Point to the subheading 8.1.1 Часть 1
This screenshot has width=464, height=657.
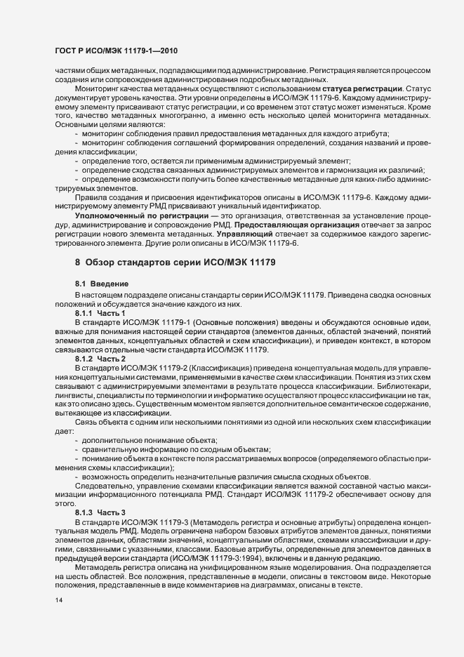pyautogui.click(x=100, y=312)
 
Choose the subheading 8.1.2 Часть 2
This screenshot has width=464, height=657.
pyautogui.click(x=100, y=359)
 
